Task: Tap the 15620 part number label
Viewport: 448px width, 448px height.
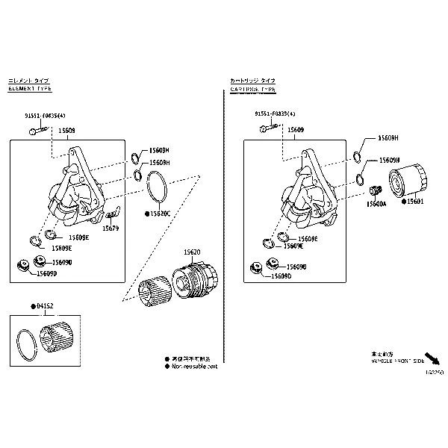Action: pyautogui.click(x=193, y=253)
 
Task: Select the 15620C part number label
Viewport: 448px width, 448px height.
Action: pyautogui.click(x=160, y=214)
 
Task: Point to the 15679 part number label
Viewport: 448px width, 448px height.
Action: pyautogui.click(x=111, y=228)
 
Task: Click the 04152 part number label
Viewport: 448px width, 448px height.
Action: pyautogui.click(x=46, y=306)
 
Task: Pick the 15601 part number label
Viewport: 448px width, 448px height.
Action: pyautogui.click(x=414, y=201)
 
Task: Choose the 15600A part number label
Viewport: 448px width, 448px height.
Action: pyautogui.click(x=376, y=203)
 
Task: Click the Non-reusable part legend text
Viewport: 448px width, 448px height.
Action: pyautogui.click(x=195, y=367)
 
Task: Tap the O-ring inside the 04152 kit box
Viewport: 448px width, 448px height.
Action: pyautogui.click(x=28, y=345)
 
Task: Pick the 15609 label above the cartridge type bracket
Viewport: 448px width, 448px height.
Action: pyautogui.click(x=296, y=130)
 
